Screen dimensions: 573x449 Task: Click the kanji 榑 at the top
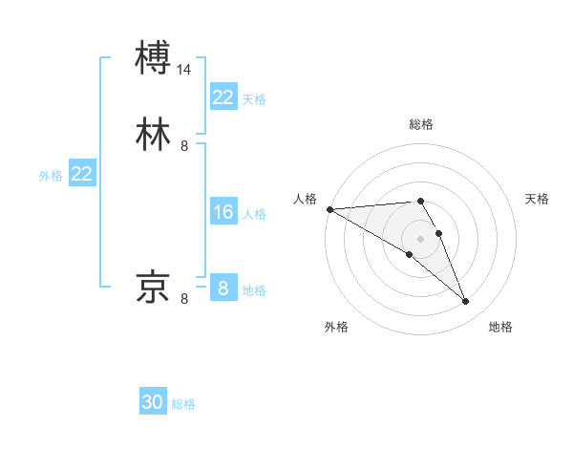click(154, 57)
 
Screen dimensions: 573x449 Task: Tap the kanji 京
click(154, 287)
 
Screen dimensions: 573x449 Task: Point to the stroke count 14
click(184, 70)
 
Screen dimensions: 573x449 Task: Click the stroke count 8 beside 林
click(184, 146)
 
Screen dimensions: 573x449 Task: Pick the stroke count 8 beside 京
click(184, 299)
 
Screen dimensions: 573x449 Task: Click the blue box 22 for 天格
click(223, 96)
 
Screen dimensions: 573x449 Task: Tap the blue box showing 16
click(223, 212)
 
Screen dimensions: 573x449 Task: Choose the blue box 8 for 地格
click(223, 288)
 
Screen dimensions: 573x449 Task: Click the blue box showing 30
click(153, 402)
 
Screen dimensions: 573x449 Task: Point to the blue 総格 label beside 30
click(183, 404)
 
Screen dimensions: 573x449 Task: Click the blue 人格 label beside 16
click(254, 214)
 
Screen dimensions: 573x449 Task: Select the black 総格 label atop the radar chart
click(421, 124)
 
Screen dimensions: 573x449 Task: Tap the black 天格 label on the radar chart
click(538, 199)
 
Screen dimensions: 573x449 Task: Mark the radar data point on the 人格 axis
click(329, 208)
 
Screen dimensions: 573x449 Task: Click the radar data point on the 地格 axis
click(466, 302)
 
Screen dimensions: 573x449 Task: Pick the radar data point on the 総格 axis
click(421, 201)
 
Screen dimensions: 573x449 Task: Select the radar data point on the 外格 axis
click(410, 254)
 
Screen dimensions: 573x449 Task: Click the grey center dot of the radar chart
click(421, 238)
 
